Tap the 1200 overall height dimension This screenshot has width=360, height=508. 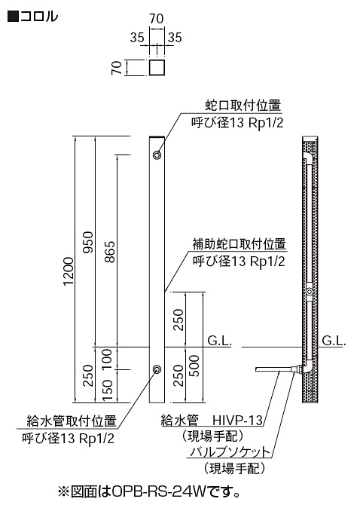tap(69, 271)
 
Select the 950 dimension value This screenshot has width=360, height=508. tap(88, 242)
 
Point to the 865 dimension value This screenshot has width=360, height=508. tap(110, 252)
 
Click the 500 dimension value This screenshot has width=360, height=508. tap(194, 366)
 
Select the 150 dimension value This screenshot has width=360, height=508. tap(107, 390)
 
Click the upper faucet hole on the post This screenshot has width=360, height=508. tap(157, 155)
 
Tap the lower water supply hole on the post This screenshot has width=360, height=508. tap(157, 369)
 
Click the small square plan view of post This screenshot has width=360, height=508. tap(157, 67)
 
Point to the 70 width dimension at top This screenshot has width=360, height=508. tap(157, 19)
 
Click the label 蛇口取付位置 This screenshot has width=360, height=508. tap(243, 106)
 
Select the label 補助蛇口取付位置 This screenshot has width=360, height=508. tap(239, 244)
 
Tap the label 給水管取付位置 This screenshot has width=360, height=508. tap(72, 421)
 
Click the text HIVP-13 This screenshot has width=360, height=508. tap(237, 421)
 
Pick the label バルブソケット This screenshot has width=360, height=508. tap(229, 452)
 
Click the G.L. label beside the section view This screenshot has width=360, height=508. tap(334, 341)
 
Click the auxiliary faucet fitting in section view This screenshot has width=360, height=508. tap(310, 292)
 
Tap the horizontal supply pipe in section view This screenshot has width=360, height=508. tap(273, 369)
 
